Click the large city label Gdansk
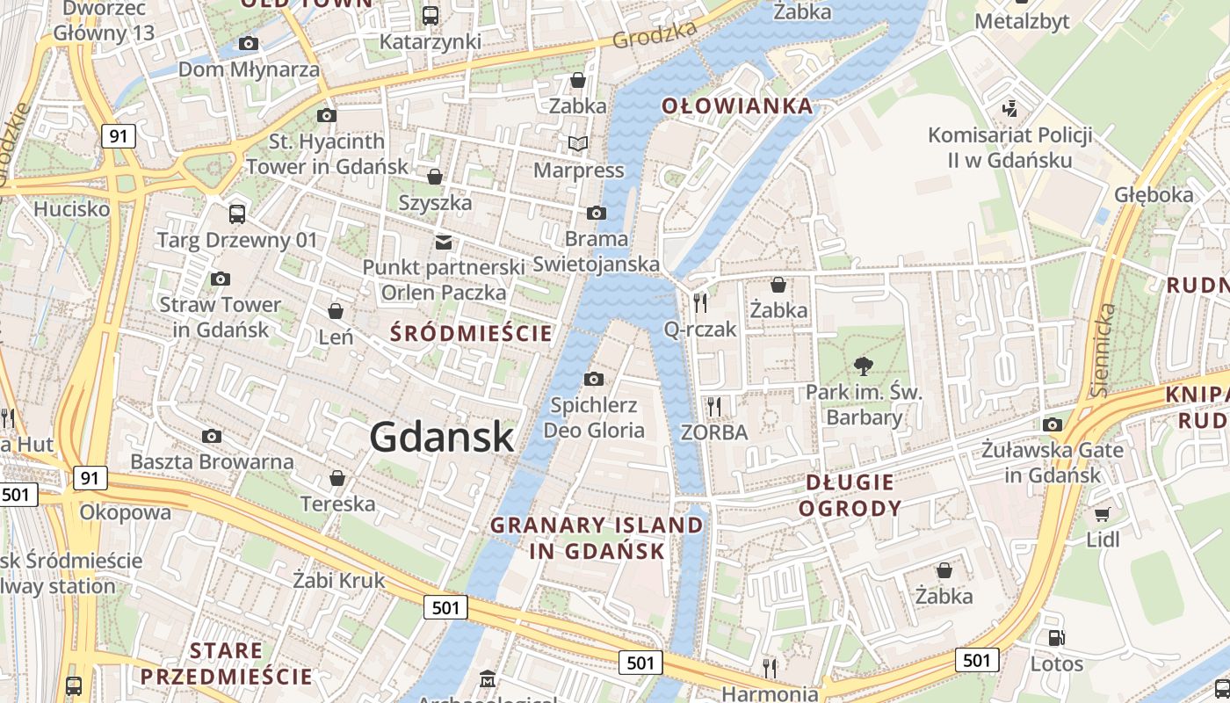click(441, 437)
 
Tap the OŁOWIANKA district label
click(737, 106)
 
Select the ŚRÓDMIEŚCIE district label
click(472, 333)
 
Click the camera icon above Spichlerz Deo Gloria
click(594, 379)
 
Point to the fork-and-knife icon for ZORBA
click(714, 406)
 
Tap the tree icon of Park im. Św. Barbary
click(864, 366)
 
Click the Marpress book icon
click(577, 143)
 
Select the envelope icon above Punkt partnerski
click(445, 242)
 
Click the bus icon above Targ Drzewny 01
click(236, 214)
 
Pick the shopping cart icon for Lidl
click(1103, 513)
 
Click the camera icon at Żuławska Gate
click(1053, 424)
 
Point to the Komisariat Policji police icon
click(1010, 109)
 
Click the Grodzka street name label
click(655, 34)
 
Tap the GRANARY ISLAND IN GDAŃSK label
click(597, 539)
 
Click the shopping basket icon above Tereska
click(337, 478)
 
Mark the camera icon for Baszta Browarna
click(212, 436)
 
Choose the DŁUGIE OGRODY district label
click(850, 495)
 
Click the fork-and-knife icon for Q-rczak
click(700, 303)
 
